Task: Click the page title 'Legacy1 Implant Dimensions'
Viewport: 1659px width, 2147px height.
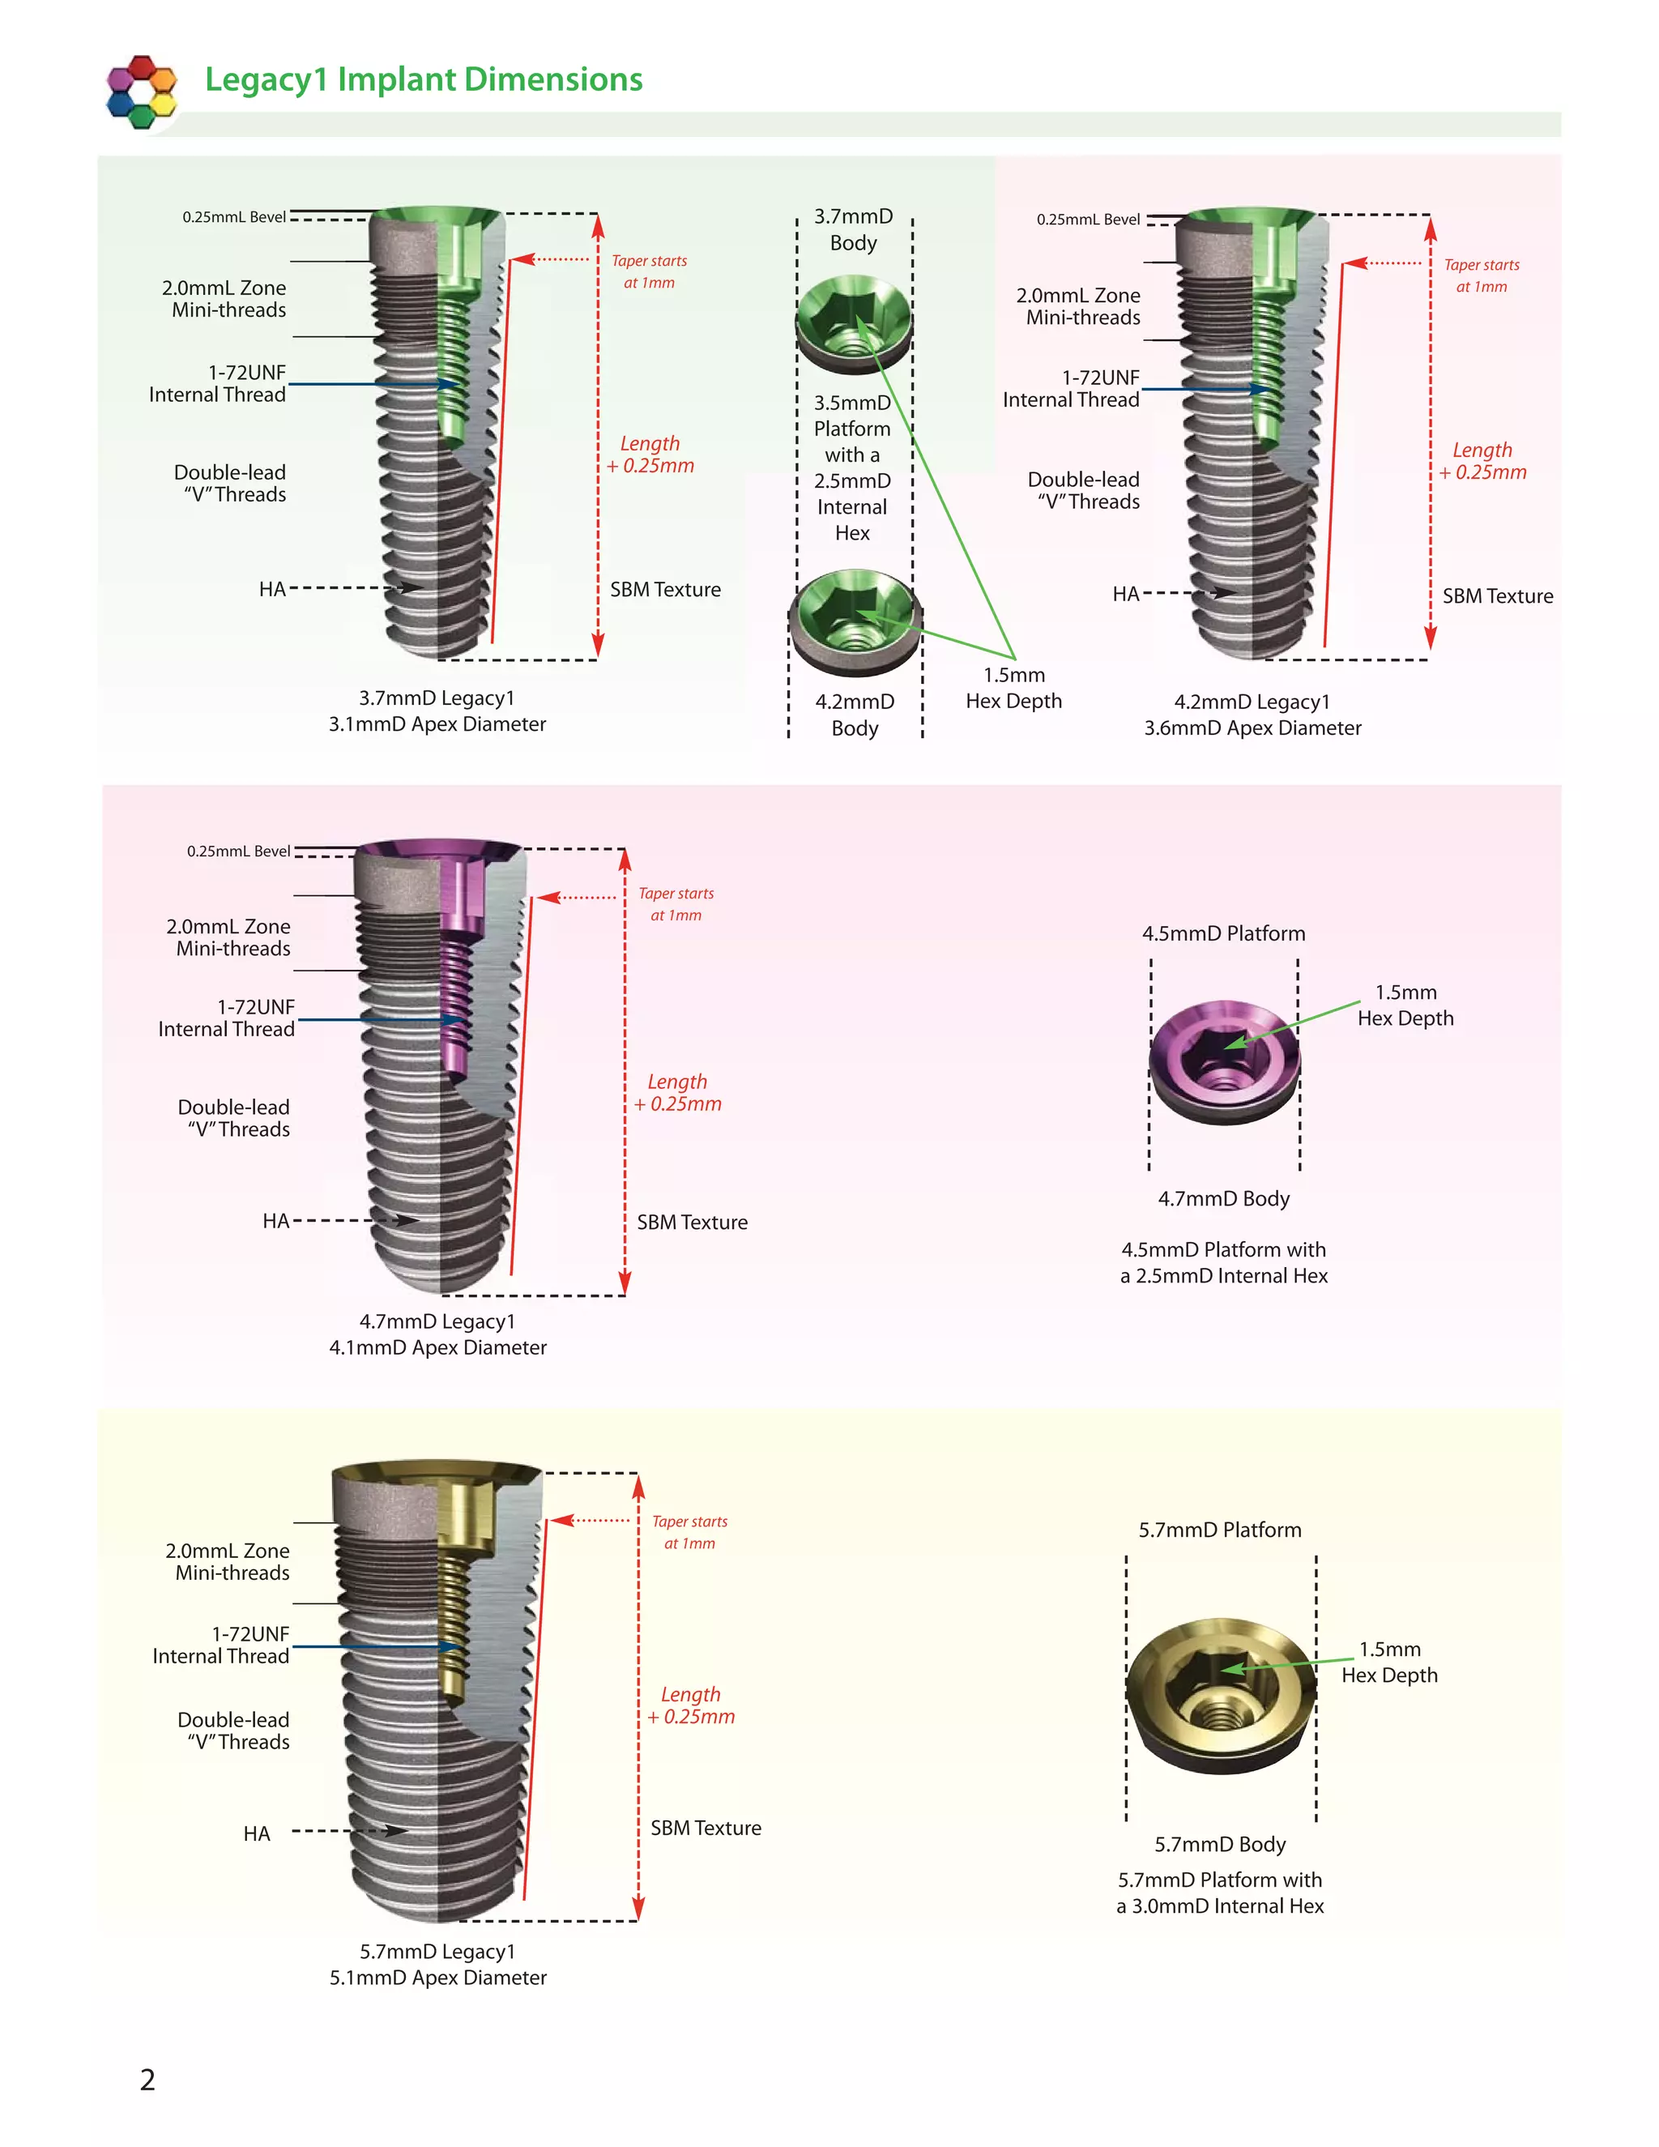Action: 424,79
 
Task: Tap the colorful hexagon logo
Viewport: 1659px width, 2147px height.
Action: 142,92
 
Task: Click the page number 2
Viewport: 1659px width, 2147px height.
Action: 147,2079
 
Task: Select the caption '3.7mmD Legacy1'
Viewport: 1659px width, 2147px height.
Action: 437,698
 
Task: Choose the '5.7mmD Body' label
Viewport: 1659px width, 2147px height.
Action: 1220,1844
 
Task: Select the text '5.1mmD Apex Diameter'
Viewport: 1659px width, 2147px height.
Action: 437,1977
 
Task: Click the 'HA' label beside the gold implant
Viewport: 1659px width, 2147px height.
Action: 257,1833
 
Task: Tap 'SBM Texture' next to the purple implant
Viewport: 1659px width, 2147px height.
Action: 692,1222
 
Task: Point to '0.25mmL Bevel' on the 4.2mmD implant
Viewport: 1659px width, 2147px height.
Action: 1088,220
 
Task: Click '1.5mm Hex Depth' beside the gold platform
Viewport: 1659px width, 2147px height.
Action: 1388,1662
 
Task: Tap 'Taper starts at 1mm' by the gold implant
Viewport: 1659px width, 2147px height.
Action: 690,1531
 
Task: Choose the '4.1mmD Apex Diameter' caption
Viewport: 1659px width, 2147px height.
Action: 437,1347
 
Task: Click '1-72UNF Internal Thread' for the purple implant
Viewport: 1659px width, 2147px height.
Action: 226,1018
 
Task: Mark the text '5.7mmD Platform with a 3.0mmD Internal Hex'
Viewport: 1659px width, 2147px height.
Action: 1220,1893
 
